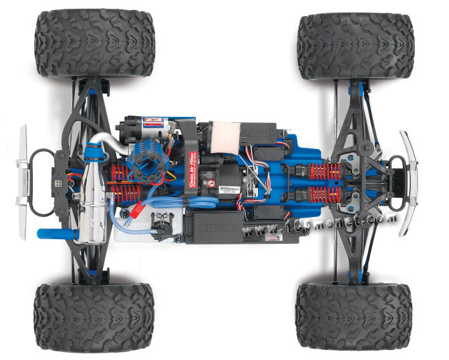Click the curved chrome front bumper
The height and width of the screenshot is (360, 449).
pos(408,180)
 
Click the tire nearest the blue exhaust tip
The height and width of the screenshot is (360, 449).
pos(94,314)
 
